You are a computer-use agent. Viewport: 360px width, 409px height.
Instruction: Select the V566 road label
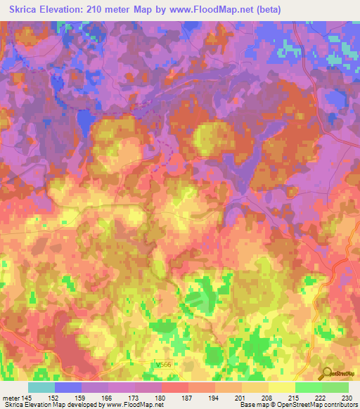coord(163,365)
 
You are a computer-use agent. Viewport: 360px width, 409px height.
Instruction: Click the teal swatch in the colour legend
coord(41,387)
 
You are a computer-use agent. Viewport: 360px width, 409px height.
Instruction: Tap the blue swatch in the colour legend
coord(67,387)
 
